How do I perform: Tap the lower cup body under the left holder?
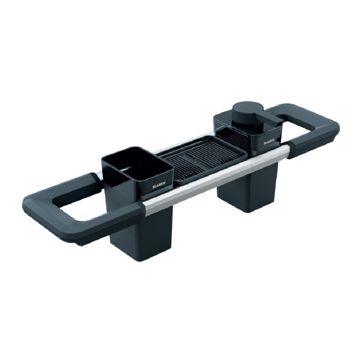[x=141, y=234]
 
